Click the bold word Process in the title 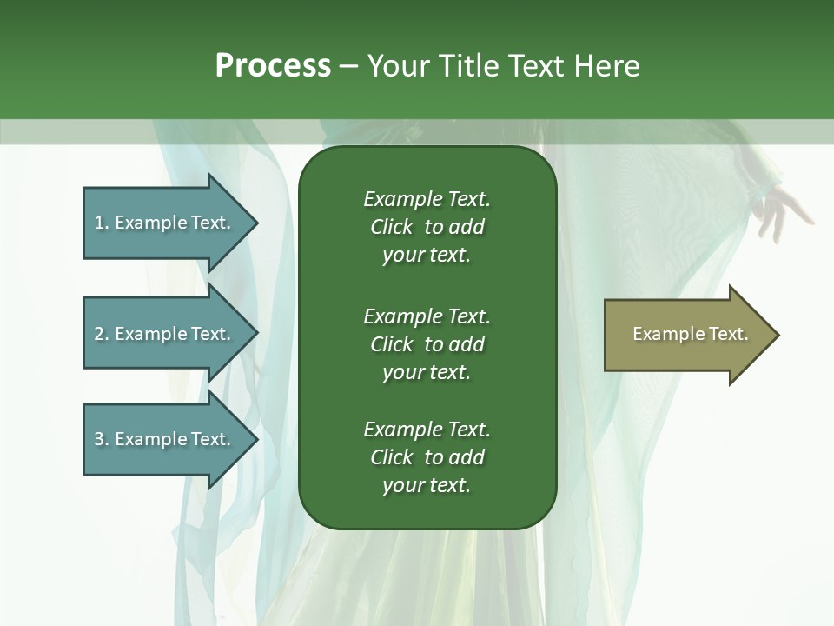[273, 66]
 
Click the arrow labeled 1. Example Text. [162, 223]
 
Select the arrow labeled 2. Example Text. [162, 334]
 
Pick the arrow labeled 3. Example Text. [162, 439]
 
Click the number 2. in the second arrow [101, 334]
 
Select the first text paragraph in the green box [427, 227]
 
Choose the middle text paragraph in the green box [427, 344]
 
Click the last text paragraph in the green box [427, 457]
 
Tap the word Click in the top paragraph [391, 227]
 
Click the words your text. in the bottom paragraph [427, 485]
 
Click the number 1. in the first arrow [101, 223]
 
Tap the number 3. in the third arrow [101, 439]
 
